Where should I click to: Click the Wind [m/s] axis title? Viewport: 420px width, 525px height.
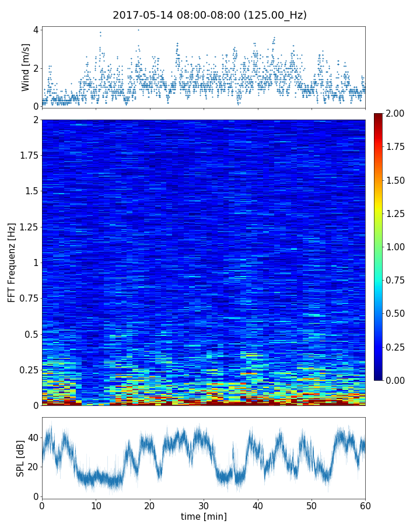point(26,68)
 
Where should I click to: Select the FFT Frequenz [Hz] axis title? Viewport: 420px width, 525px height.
point(12,262)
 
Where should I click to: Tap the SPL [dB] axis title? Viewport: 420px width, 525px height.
point(20,458)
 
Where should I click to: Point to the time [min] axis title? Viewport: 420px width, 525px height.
point(204,516)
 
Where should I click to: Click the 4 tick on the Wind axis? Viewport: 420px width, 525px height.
point(36,30)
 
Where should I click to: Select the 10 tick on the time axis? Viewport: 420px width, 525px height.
point(96,505)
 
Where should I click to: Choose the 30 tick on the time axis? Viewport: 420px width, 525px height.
point(204,505)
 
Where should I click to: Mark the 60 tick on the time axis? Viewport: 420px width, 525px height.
point(365,505)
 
